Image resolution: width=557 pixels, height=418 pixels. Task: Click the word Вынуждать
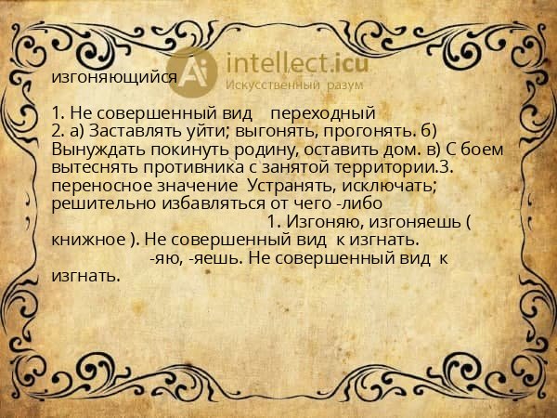tap(97, 150)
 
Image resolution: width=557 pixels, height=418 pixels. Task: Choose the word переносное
tap(99, 185)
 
